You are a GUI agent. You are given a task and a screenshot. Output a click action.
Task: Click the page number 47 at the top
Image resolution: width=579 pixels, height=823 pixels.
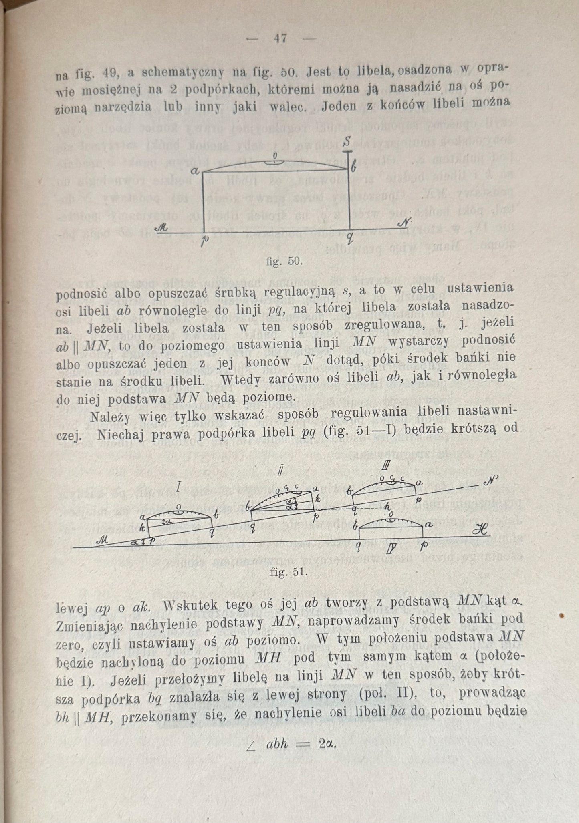click(x=280, y=39)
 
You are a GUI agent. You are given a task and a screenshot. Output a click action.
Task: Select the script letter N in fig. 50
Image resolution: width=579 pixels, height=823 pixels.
click(x=403, y=223)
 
